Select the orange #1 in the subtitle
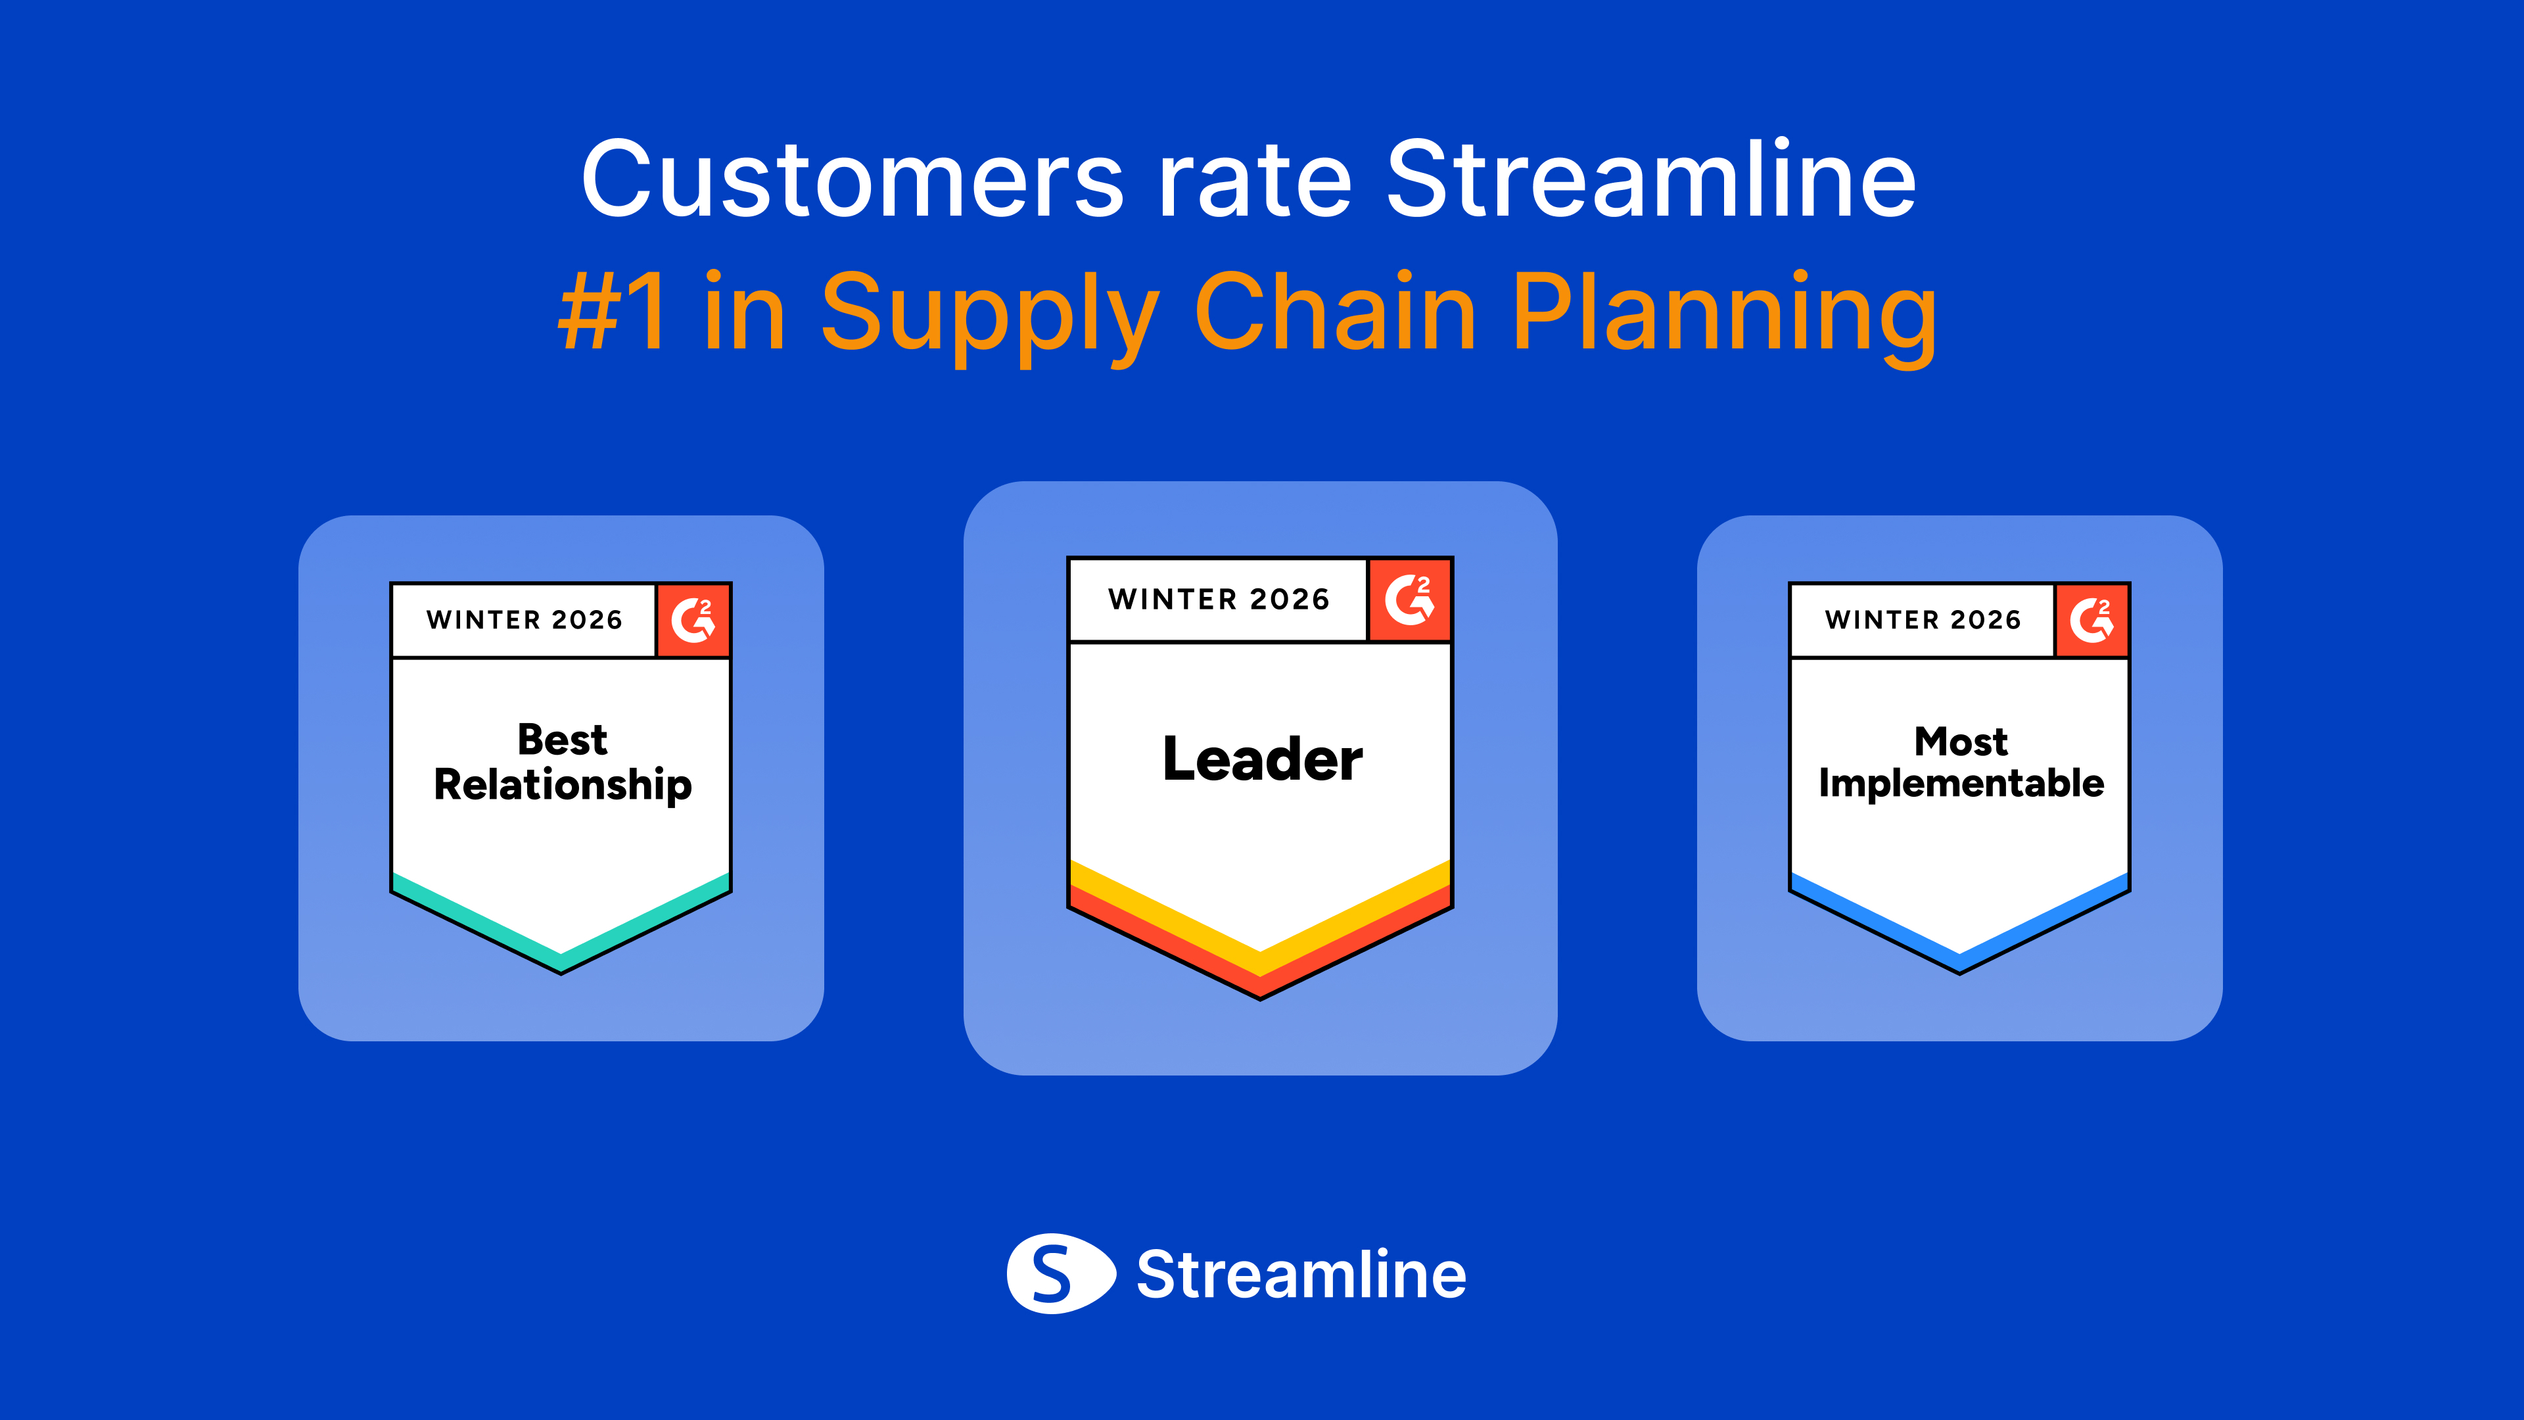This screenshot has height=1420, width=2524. [x=613, y=311]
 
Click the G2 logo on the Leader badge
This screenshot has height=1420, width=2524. [x=1409, y=600]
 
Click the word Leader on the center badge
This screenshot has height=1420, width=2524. [x=1262, y=759]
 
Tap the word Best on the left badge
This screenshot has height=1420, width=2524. [x=563, y=739]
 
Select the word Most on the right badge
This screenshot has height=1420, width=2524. [x=1961, y=741]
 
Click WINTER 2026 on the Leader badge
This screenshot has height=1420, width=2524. [x=1219, y=600]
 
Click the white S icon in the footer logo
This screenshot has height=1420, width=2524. [x=1060, y=1273]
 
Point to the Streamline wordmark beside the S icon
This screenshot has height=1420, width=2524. [x=1301, y=1274]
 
